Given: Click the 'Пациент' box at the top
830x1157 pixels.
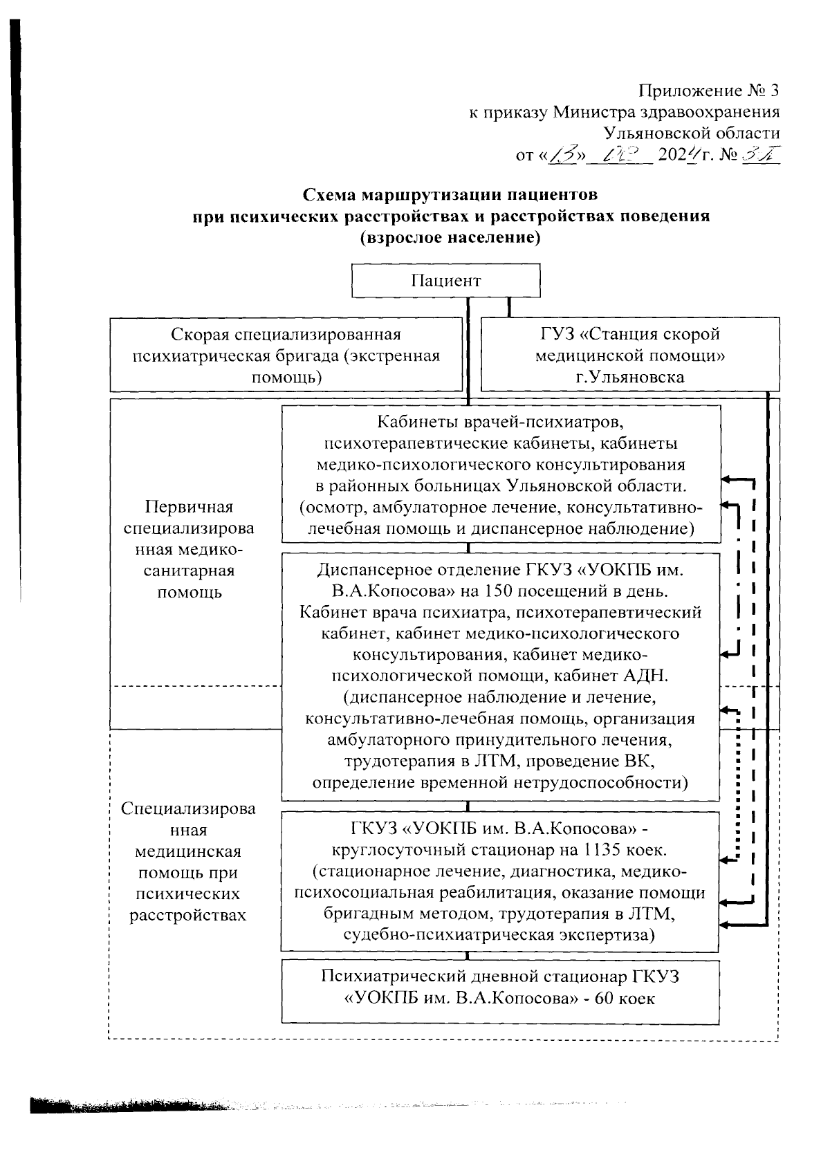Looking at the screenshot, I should [x=445, y=280].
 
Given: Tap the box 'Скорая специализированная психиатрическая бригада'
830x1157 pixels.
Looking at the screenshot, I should [x=286, y=355].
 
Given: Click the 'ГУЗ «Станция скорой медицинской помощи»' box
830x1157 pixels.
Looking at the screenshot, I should [x=629, y=355].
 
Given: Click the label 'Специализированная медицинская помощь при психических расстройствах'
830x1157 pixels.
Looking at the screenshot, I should [x=188, y=862].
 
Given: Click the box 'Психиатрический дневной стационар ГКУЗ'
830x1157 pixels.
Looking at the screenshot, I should [x=501, y=988].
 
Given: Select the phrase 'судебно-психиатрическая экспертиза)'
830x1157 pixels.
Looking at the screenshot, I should [x=499, y=936].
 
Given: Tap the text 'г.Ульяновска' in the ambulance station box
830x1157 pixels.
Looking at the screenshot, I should [x=629, y=377].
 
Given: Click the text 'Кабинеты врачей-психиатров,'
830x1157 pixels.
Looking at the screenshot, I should [x=501, y=421].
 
